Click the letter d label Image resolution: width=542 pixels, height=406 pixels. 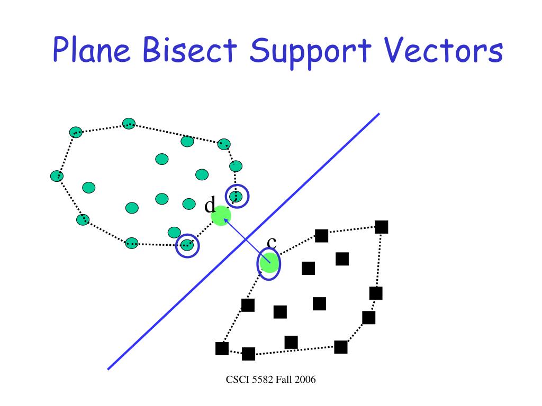[210, 205]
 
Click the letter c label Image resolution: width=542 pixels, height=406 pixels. [272, 242]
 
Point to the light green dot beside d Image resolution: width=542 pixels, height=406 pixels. [221, 216]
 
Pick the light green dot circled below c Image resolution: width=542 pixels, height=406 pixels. [269, 263]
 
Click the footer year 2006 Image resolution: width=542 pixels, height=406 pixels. [305, 379]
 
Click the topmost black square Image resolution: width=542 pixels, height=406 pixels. [382, 227]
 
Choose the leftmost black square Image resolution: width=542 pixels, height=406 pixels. [222, 348]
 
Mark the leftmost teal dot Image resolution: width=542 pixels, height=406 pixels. [57, 176]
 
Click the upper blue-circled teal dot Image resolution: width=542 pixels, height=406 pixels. [237, 196]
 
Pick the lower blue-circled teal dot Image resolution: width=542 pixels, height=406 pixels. [187, 245]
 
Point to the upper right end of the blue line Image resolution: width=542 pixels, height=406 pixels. [379, 114]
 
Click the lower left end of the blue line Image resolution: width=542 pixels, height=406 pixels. [109, 368]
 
